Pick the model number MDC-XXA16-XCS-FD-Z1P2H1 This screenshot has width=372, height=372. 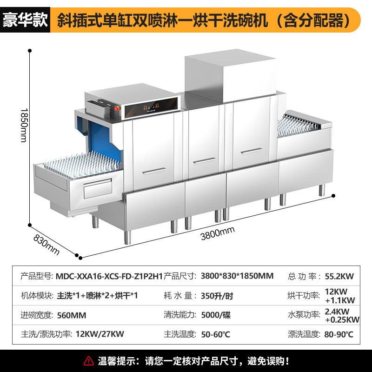click(x=109, y=276)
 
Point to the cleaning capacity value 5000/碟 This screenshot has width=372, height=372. click(x=216, y=315)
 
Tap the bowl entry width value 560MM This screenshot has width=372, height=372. click(x=72, y=315)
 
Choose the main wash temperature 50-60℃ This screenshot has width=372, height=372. click(x=215, y=334)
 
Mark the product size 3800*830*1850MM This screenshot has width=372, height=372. click(x=237, y=276)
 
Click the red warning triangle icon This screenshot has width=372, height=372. click(x=88, y=360)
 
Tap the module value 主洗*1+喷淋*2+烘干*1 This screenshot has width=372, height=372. click(x=97, y=296)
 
